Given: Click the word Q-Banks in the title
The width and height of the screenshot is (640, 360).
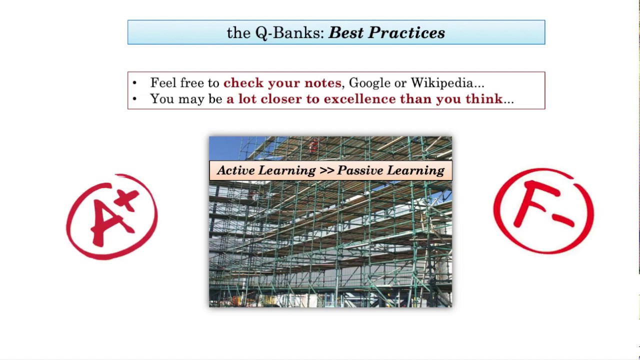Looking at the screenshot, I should [290, 33].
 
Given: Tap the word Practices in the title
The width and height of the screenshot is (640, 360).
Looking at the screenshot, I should [406, 33].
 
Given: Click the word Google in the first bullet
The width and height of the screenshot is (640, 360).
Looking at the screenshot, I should [369, 83].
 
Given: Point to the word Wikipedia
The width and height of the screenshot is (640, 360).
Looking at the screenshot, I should [444, 83].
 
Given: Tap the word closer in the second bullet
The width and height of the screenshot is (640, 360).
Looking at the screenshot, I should [281, 99].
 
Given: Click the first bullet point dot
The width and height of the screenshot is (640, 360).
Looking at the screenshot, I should [134, 83].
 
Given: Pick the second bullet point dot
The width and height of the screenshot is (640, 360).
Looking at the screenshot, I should [134, 99].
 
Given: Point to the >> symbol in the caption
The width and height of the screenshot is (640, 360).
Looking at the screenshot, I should [326, 170].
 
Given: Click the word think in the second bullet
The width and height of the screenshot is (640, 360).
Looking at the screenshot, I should [483, 99].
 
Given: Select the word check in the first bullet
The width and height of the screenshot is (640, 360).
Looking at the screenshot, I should [243, 83].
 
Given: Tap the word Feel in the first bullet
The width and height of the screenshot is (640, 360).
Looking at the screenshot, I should [163, 83].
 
